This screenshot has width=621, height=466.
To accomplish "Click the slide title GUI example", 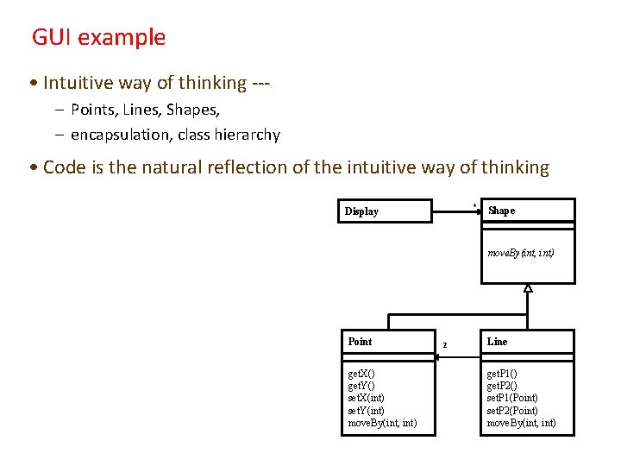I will point(98,38).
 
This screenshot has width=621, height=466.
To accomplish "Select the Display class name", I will point(361,211).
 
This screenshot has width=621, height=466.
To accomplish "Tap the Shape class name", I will point(501,211).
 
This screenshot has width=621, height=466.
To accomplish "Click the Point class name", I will point(360,342).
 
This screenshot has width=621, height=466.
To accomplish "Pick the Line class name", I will point(498,342).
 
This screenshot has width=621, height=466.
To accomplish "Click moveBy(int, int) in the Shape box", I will point(521,254).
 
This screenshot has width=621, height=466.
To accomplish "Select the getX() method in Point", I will point(361,374).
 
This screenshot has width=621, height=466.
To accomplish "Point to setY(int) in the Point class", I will point(366,411).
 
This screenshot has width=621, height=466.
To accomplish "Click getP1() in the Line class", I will point(501,374).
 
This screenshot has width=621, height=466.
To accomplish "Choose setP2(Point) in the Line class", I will point(512,411).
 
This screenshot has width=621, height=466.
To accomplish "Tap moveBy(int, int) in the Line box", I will point(521,423).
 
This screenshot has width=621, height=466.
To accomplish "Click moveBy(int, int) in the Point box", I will point(382,423).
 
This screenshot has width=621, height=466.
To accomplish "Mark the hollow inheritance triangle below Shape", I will point(528,288).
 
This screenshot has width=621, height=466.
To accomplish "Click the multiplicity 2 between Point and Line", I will point(444,345).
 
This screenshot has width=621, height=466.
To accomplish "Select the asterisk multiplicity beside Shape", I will point(474,205).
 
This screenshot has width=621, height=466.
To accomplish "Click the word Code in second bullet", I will point(61,167).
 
